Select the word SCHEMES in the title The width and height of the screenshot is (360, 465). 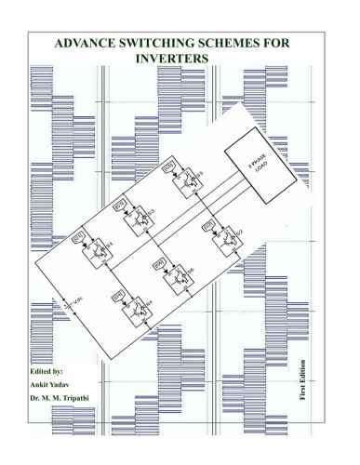250,43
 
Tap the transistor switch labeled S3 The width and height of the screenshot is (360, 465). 140,218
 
